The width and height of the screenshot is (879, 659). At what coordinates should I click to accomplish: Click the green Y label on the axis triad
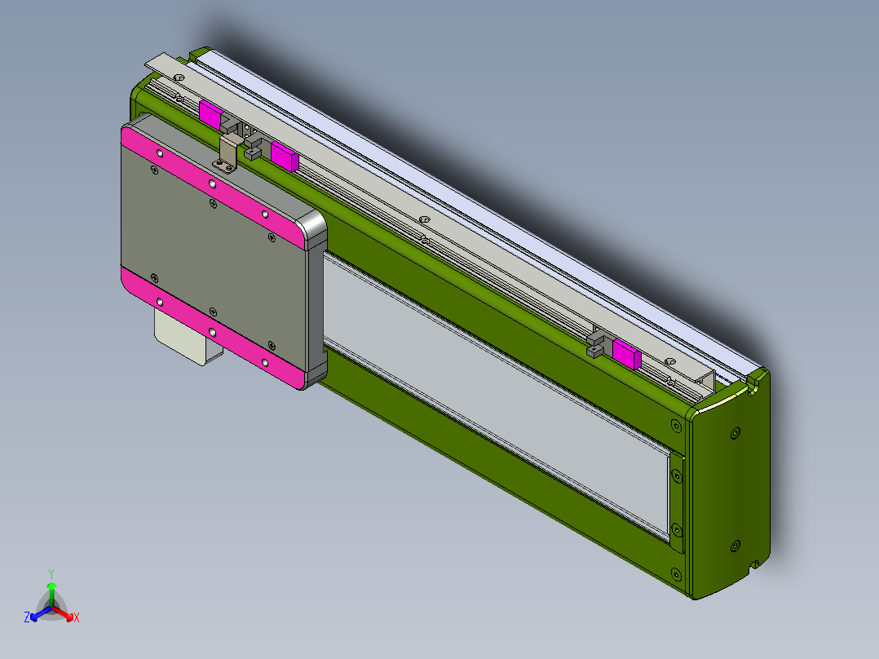[x=51, y=573]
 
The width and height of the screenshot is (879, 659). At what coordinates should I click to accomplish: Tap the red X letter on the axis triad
[x=76, y=618]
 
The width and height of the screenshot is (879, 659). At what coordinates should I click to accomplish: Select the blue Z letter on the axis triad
[x=27, y=618]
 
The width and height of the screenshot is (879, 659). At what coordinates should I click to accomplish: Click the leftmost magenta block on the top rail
[x=210, y=115]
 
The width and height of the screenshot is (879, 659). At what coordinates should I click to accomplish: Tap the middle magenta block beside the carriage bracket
[x=284, y=154]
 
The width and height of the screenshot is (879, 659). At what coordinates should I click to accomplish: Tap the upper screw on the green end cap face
[x=736, y=433]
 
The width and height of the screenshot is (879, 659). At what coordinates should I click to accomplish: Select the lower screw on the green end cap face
[x=735, y=544]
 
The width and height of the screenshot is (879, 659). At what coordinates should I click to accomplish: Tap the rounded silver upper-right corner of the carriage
[x=314, y=229]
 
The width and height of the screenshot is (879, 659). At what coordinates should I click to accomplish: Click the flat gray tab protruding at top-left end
[x=163, y=64]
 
